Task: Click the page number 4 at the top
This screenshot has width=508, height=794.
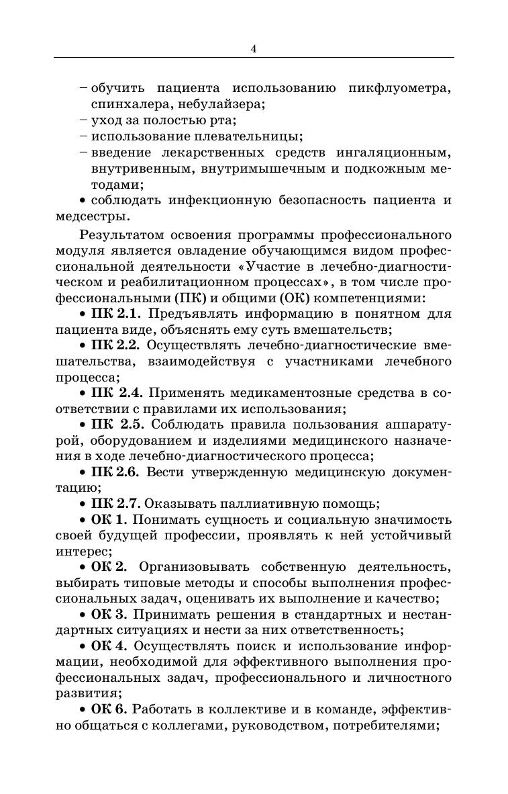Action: [x=254, y=48]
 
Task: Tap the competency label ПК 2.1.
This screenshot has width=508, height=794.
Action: [x=116, y=314]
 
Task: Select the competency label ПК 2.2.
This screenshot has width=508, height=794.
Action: [x=115, y=346]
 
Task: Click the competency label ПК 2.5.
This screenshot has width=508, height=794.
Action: [x=116, y=425]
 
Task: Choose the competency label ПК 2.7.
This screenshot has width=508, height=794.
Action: [x=115, y=504]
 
